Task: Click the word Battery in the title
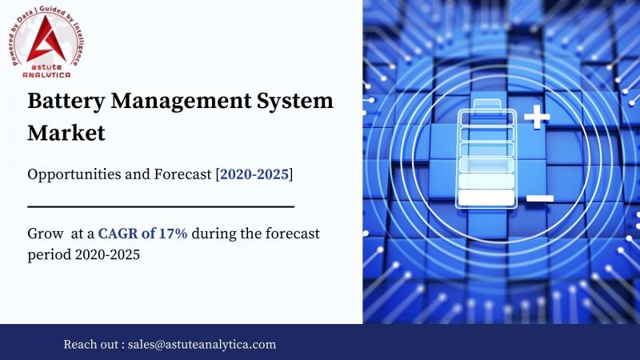[x=66, y=102]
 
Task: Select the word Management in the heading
[x=181, y=102]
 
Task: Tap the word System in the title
[x=294, y=102]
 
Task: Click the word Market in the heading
[x=66, y=133]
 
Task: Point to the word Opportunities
[x=74, y=174]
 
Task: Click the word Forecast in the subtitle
[x=182, y=174]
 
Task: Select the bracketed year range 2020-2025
[x=254, y=174]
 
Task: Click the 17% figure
[x=173, y=234]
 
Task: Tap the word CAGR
[x=118, y=234]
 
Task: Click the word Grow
[x=46, y=234]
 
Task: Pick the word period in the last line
[x=50, y=255]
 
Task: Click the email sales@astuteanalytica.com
[x=202, y=344]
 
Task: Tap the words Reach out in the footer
[x=90, y=344]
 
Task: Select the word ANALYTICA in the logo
[x=46, y=74]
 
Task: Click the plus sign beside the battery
[x=537, y=117]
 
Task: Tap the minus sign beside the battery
[x=540, y=198]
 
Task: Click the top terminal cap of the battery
[x=487, y=104]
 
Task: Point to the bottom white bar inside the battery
[x=486, y=198]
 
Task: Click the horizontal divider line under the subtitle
[x=161, y=207]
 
